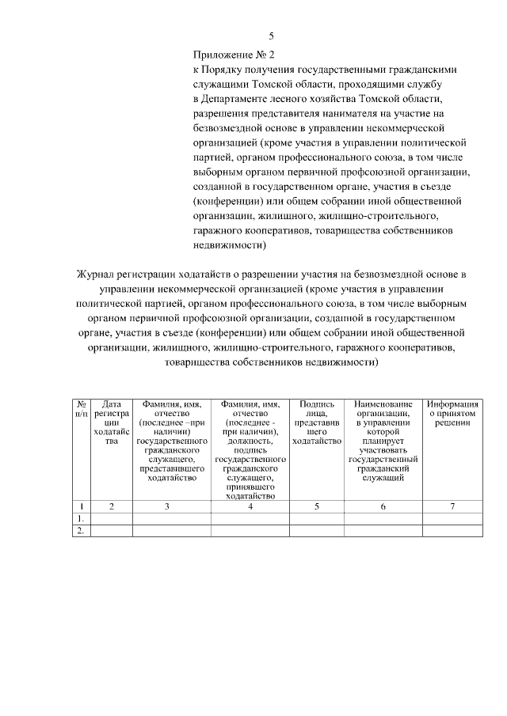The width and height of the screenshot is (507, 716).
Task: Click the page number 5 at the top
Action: pos(271,36)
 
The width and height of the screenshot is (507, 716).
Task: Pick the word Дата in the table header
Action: pos(111,403)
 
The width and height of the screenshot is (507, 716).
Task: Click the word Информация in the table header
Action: pos(452,403)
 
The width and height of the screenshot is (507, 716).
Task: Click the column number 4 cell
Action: pos(250,506)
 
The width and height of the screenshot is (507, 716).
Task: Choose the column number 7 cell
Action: pos(452,506)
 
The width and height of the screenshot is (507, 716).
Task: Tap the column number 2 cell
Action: pos(111,506)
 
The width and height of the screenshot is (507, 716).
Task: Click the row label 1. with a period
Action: pos(80,519)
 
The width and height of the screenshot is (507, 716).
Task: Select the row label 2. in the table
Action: pos(80,532)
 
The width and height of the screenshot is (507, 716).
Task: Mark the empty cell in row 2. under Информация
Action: pos(452,532)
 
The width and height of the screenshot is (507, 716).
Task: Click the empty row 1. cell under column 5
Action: pos(316,519)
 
